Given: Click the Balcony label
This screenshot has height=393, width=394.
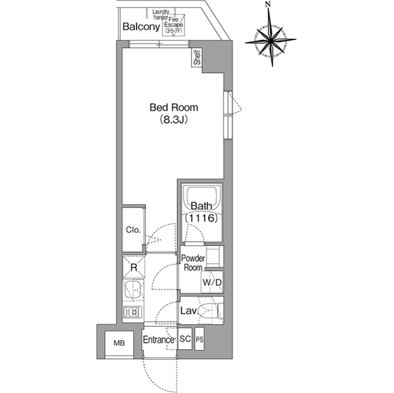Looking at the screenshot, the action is point(141,26).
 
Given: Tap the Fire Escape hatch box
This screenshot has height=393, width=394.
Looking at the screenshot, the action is point(174,25).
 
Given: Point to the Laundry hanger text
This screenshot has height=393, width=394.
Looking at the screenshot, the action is point(161,15).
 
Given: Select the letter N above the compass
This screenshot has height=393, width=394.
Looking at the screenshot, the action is point(269,4).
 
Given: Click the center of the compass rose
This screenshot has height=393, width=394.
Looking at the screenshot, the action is point(271,39).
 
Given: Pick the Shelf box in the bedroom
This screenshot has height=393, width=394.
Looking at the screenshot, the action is point(197,57).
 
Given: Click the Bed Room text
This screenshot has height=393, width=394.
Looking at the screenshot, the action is point(174,108).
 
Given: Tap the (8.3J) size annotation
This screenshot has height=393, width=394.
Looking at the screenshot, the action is point(174,120).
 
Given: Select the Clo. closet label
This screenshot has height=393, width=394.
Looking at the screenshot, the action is point(133,229).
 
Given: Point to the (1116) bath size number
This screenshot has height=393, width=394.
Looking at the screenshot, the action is point(201,218).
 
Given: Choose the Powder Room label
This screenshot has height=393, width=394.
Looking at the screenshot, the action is point(193,263).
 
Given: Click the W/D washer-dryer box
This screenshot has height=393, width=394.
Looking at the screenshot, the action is point(212,282).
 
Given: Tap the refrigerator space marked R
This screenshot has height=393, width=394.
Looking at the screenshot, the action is point(134,267).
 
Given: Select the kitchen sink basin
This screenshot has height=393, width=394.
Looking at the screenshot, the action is point(133,290).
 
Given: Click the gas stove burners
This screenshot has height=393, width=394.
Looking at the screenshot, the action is point(132,312).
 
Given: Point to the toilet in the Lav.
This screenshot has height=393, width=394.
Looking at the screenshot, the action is point(211,311).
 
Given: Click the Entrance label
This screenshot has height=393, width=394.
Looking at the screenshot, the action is point(159,339).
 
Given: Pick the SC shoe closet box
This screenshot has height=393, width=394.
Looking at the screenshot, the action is point(185,339).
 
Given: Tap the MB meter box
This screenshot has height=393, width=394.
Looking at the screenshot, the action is point(119,343).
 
